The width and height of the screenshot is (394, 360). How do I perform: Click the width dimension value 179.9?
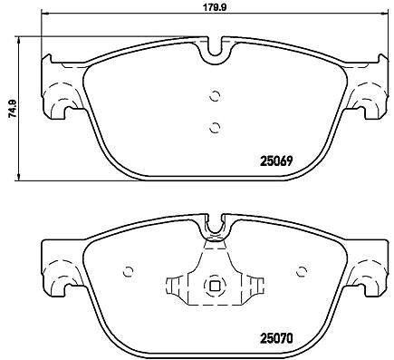pyautogui.click(x=214, y=7)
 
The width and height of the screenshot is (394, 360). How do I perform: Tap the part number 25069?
pyautogui.click(x=276, y=161)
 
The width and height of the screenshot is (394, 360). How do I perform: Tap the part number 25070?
pyautogui.click(x=276, y=338)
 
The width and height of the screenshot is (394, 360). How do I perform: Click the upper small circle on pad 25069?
pyautogui.click(x=215, y=97)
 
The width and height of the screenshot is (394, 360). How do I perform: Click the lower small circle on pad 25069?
pyautogui.click(x=215, y=128)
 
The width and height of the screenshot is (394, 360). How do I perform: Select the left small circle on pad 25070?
pyautogui.click(x=128, y=271)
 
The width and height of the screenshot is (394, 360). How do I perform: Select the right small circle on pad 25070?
pyautogui.click(x=302, y=271)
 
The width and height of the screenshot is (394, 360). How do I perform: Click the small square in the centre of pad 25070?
pyautogui.click(x=215, y=285)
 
